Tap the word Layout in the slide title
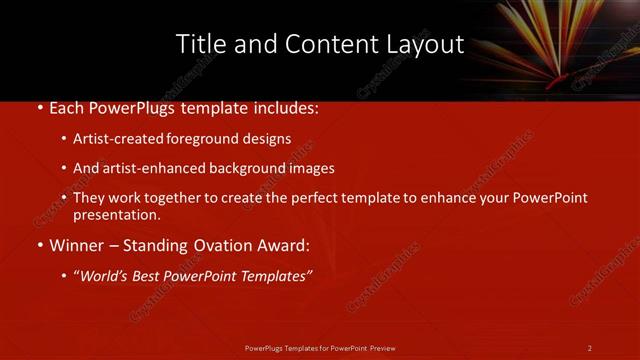tap(428, 44)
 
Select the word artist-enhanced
tap(149, 168)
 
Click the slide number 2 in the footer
tap(589, 348)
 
